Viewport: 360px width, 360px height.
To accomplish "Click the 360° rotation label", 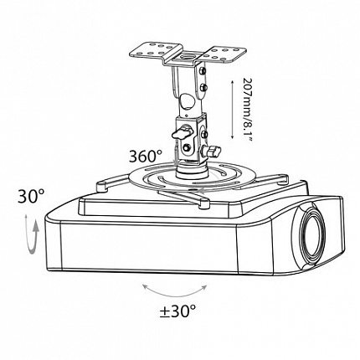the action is (x=146, y=157).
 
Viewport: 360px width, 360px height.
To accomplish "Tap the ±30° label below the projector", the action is (x=177, y=311).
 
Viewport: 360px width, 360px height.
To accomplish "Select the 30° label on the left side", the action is (x=31, y=196).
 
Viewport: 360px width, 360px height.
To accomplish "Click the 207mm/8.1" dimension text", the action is (x=248, y=110).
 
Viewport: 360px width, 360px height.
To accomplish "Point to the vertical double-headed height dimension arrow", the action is (x=232, y=110).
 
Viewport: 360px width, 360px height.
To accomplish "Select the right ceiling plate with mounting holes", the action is (x=224, y=54).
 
